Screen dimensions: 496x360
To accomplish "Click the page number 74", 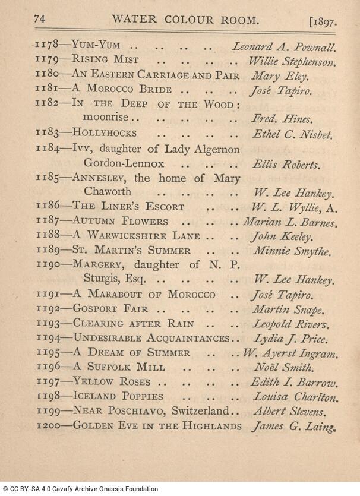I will click(x=40, y=19).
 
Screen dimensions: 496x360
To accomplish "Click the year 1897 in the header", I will click(x=323, y=23).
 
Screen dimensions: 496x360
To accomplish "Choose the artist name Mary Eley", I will click(x=274, y=75).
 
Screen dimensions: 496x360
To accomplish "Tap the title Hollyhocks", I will click(x=105, y=133).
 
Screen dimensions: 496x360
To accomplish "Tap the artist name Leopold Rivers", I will click(x=290, y=324).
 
